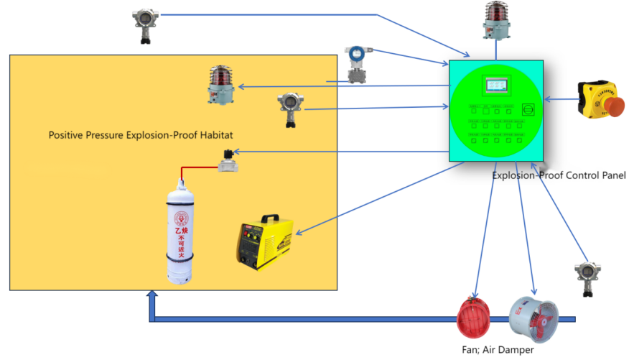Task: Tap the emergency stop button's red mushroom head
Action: click(x=612, y=106)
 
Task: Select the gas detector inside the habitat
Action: click(x=289, y=110)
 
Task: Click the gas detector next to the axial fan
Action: click(x=584, y=280)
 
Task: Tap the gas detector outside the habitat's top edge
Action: click(x=143, y=27)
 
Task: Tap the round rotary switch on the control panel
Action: click(x=528, y=109)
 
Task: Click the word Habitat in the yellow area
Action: click(x=215, y=135)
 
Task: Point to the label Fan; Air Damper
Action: click(x=498, y=350)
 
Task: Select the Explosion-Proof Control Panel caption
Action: click(x=559, y=175)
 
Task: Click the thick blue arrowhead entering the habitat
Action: click(x=152, y=295)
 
